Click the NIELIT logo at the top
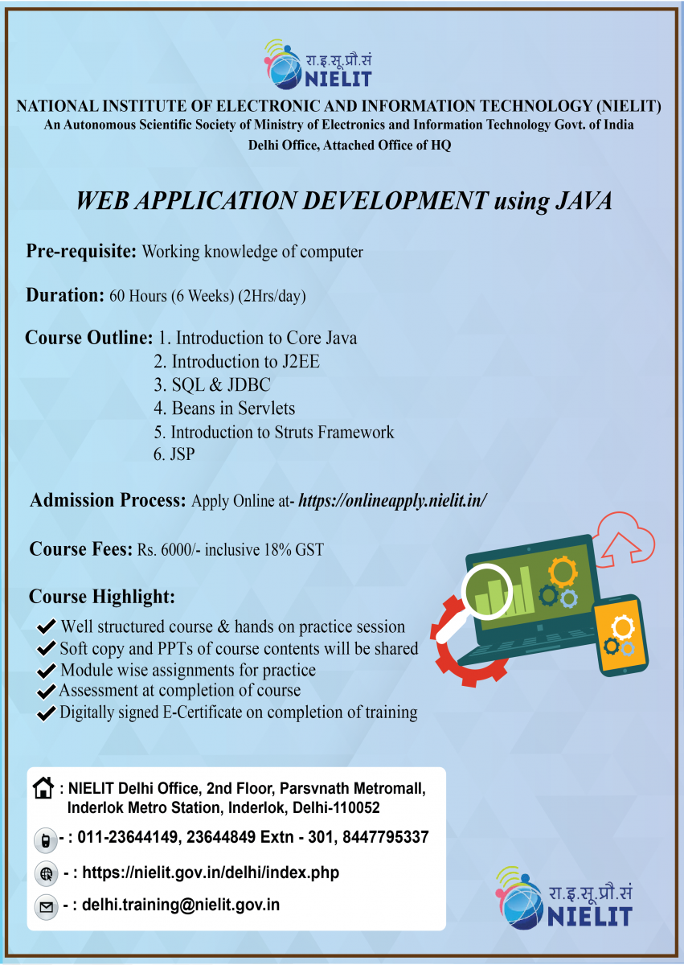coord(318,64)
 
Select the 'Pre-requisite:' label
coord(81,251)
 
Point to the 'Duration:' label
coord(65,295)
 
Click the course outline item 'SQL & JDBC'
coord(212,385)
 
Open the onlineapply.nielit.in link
coord(393,501)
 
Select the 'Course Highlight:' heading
coord(101,597)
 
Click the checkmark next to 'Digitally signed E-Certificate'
coord(47,712)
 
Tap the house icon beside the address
coord(44,787)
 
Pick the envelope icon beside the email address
coord(46,907)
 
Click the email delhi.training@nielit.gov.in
coord(181,905)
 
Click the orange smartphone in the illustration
coord(620,634)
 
